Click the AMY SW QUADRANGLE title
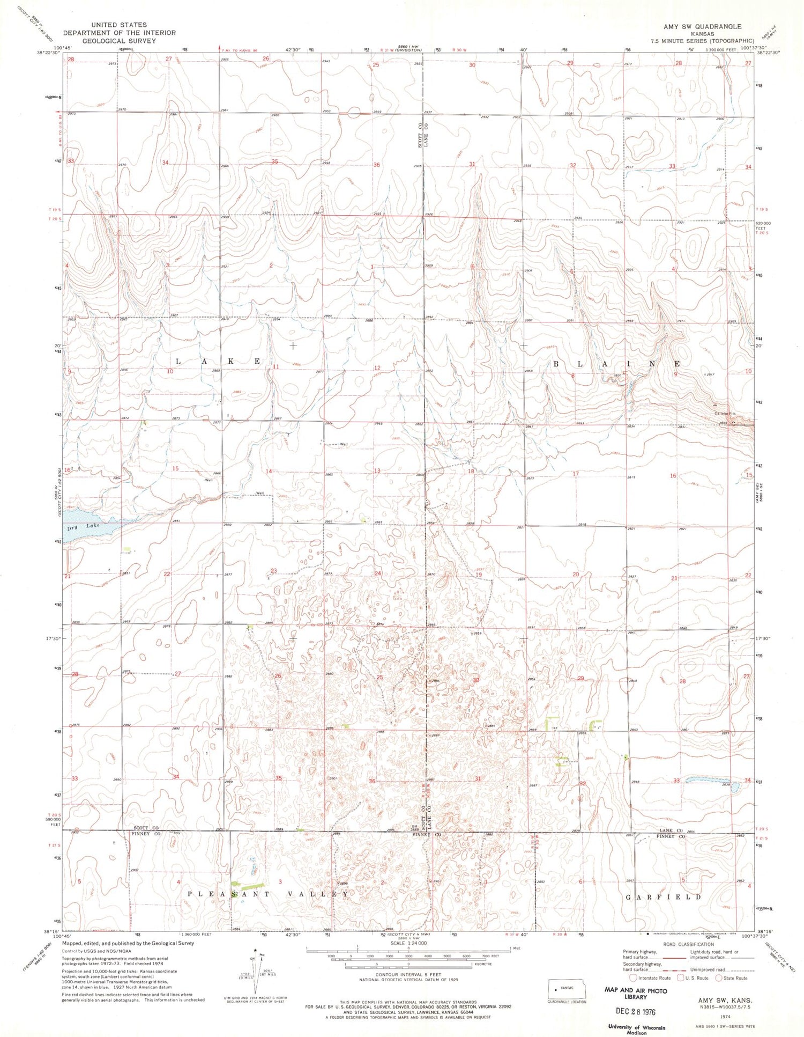point(702,26)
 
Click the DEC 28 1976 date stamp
point(636,1012)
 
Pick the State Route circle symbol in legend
point(720,977)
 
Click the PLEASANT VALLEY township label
point(268,894)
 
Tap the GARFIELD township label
point(664,896)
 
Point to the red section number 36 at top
point(376,165)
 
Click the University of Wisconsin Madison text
point(636,1029)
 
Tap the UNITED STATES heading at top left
point(118,25)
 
